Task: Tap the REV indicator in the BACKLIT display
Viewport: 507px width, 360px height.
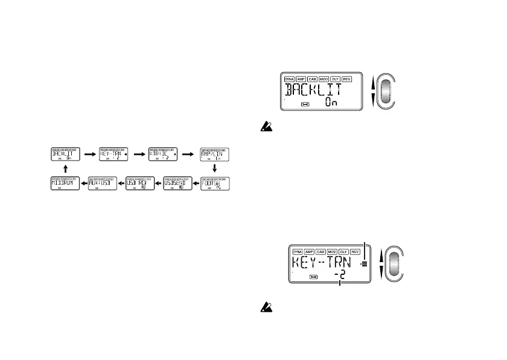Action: point(346,79)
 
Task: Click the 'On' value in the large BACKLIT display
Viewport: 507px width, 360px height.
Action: point(330,103)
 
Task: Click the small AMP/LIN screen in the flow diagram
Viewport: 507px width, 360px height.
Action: point(217,154)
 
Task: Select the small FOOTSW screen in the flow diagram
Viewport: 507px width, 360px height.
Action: point(217,184)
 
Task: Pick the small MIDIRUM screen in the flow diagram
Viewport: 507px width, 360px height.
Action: point(65,184)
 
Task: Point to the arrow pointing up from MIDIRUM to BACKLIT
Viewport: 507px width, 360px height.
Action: point(65,169)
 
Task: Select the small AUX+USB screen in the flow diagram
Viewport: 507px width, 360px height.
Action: point(103,184)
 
